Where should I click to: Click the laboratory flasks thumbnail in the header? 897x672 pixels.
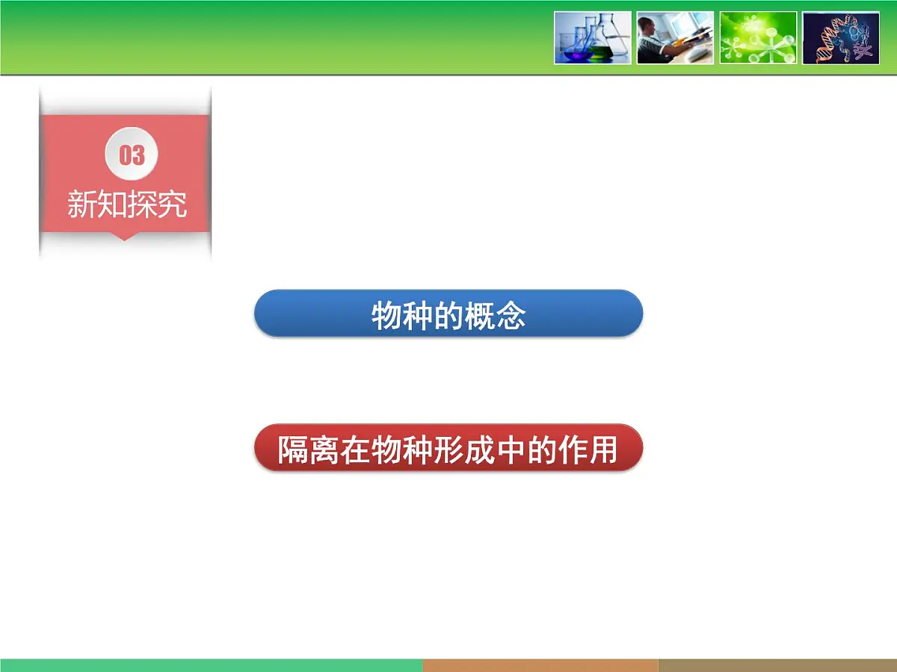pyautogui.click(x=593, y=38)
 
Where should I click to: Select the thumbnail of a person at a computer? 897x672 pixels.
pyautogui.click(x=675, y=38)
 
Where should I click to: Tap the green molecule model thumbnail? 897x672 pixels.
pyautogui.click(x=758, y=38)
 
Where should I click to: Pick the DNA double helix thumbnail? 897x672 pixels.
pyautogui.click(x=840, y=38)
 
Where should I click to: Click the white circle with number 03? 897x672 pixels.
pyautogui.click(x=132, y=155)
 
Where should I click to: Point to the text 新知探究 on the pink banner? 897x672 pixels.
pyautogui.click(x=127, y=204)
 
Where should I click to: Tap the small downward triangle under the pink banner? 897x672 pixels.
pyautogui.click(x=126, y=236)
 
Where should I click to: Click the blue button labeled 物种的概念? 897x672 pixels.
pyautogui.click(x=449, y=314)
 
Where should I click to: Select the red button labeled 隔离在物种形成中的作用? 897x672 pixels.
pyautogui.click(x=449, y=448)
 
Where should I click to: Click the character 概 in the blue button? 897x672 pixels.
pyautogui.click(x=480, y=316)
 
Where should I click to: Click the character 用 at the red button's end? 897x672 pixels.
pyautogui.click(x=604, y=450)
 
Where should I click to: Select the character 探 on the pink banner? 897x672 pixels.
pyautogui.click(x=142, y=204)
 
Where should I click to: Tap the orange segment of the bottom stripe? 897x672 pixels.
pyautogui.click(x=540, y=665)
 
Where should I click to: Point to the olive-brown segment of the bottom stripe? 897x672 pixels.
pyautogui.click(x=777, y=665)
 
